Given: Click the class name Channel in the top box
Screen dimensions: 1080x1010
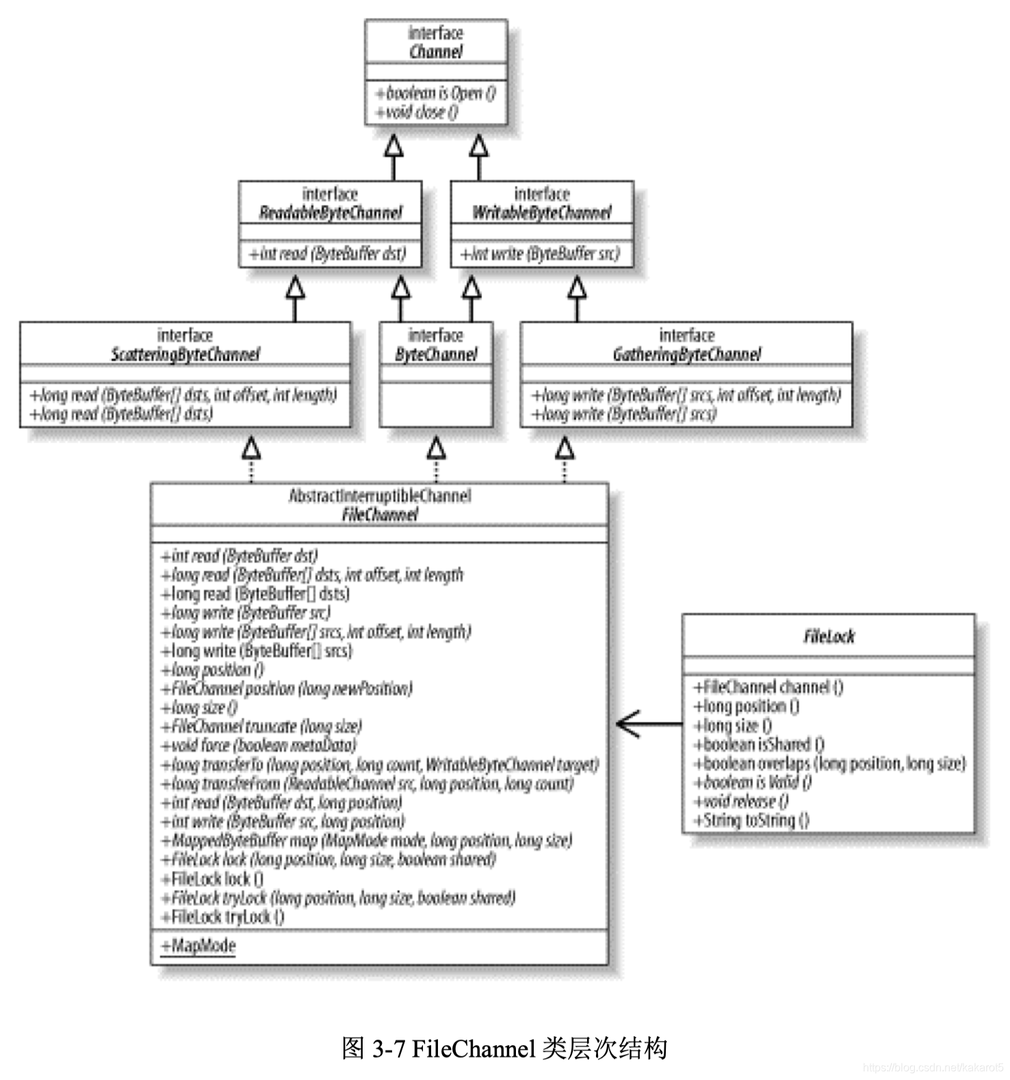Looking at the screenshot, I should (436, 52).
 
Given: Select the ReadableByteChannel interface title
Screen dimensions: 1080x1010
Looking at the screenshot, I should (331, 213).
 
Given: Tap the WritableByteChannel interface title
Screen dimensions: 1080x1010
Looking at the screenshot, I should (541, 213).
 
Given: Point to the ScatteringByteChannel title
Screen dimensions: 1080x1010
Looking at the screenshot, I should (185, 354).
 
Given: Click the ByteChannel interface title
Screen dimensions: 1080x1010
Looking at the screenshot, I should (436, 354).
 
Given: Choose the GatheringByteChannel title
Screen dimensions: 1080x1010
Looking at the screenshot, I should (686, 354).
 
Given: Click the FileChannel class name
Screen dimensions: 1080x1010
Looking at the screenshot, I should (380, 515).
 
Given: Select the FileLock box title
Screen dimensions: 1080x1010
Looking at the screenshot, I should (829, 637).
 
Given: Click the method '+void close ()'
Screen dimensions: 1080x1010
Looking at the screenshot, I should (417, 112).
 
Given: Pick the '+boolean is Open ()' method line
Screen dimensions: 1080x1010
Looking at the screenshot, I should (435, 93).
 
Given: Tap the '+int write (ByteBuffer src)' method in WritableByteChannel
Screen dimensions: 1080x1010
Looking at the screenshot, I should (540, 254).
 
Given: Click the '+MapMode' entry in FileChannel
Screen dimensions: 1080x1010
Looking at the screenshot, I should (198, 946).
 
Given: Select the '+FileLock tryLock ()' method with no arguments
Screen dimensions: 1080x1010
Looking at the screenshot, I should (222, 916).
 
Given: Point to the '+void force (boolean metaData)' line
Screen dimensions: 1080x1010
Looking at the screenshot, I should (259, 745).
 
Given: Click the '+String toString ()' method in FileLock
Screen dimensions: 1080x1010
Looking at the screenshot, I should (751, 820).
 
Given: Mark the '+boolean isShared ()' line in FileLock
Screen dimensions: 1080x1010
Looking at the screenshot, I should (759, 744).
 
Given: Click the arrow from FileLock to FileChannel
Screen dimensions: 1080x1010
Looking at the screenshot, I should (647, 723).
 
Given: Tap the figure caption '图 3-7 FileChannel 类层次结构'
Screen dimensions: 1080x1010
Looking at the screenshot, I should (504, 1048).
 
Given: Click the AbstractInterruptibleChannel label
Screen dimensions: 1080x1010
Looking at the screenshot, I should (380, 496).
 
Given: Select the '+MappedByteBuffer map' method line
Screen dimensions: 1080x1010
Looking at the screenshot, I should (367, 840).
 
